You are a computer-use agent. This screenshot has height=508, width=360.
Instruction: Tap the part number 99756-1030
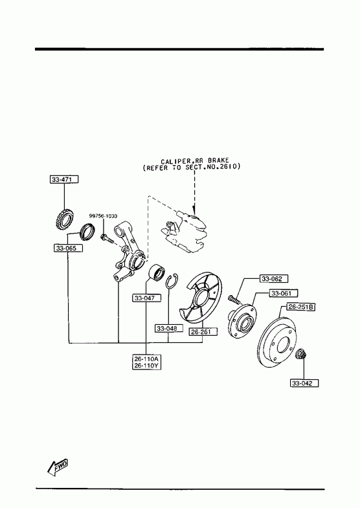104,216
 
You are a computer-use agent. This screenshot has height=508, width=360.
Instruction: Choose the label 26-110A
147,359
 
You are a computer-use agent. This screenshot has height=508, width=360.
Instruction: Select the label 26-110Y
147,366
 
